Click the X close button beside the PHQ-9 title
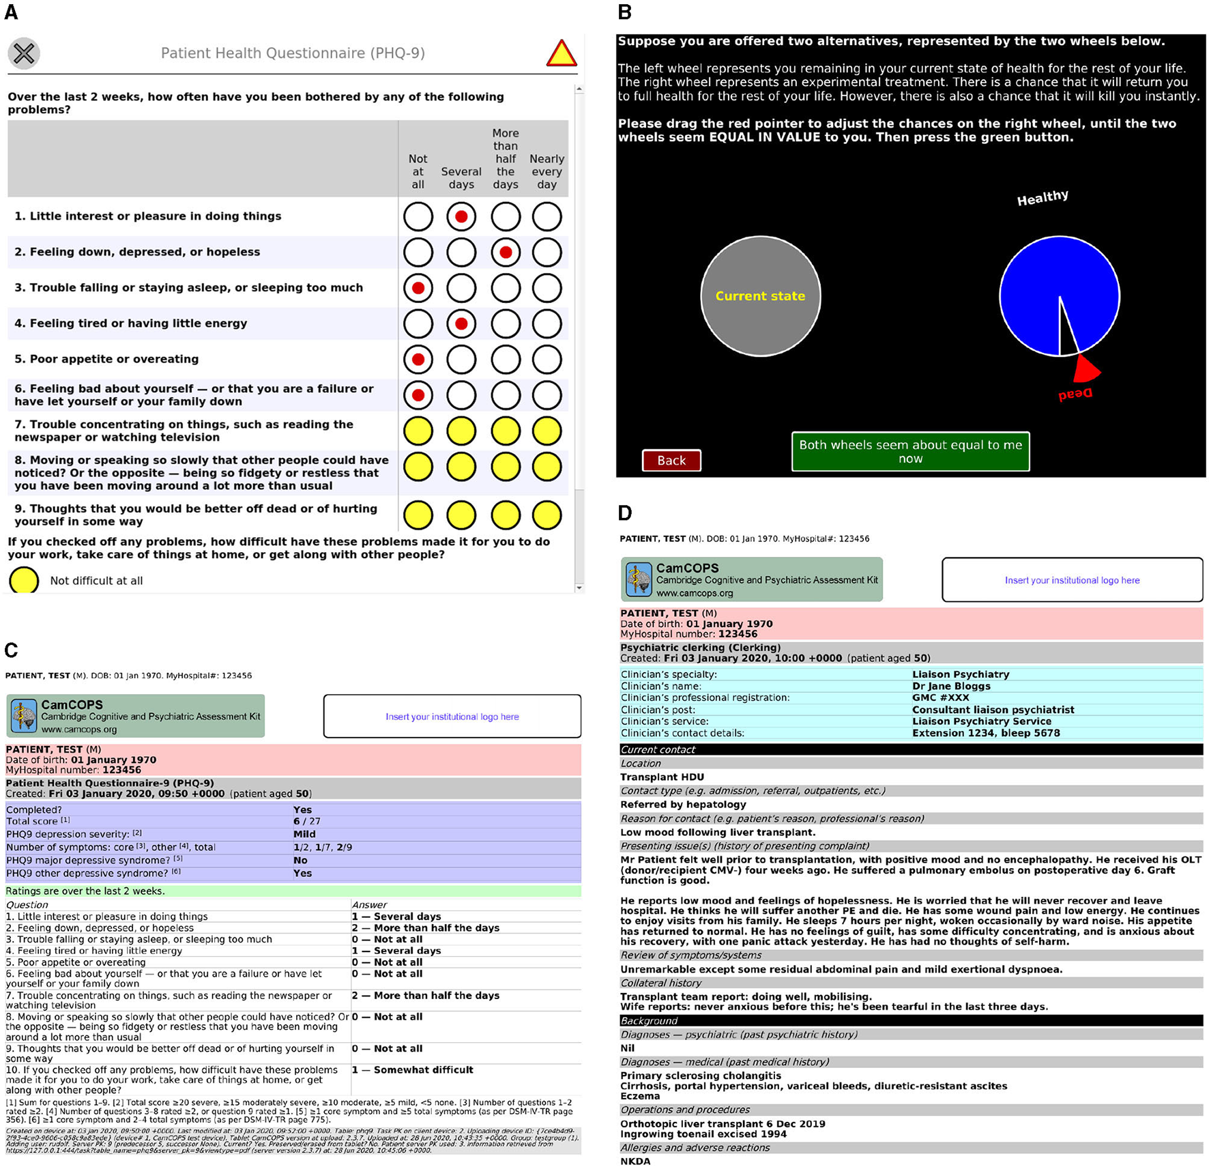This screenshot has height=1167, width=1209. [x=24, y=53]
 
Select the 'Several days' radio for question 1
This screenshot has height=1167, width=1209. [x=461, y=217]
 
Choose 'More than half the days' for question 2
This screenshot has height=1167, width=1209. [x=506, y=253]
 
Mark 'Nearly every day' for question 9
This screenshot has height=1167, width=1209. [x=547, y=515]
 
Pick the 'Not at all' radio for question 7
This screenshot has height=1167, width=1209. [x=418, y=431]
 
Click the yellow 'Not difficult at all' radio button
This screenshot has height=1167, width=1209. [x=24, y=581]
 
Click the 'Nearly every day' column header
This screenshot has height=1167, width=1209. [x=547, y=171]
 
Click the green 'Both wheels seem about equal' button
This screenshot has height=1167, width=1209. [x=910, y=452]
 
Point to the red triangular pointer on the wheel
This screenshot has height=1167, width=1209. [x=1086, y=369]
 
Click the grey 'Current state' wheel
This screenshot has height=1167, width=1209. [x=760, y=296]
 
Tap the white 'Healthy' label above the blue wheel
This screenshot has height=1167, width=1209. [x=1042, y=199]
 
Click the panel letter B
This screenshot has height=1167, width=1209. [x=624, y=12]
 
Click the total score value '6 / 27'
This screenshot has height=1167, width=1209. [x=307, y=822]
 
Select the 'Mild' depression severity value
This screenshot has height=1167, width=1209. [x=304, y=834]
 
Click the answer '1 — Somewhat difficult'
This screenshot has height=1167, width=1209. [x=413, y=1070]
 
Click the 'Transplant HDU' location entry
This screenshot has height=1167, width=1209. [x=662, y=777]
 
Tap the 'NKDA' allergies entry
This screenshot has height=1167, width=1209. [x=635, y=1161]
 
